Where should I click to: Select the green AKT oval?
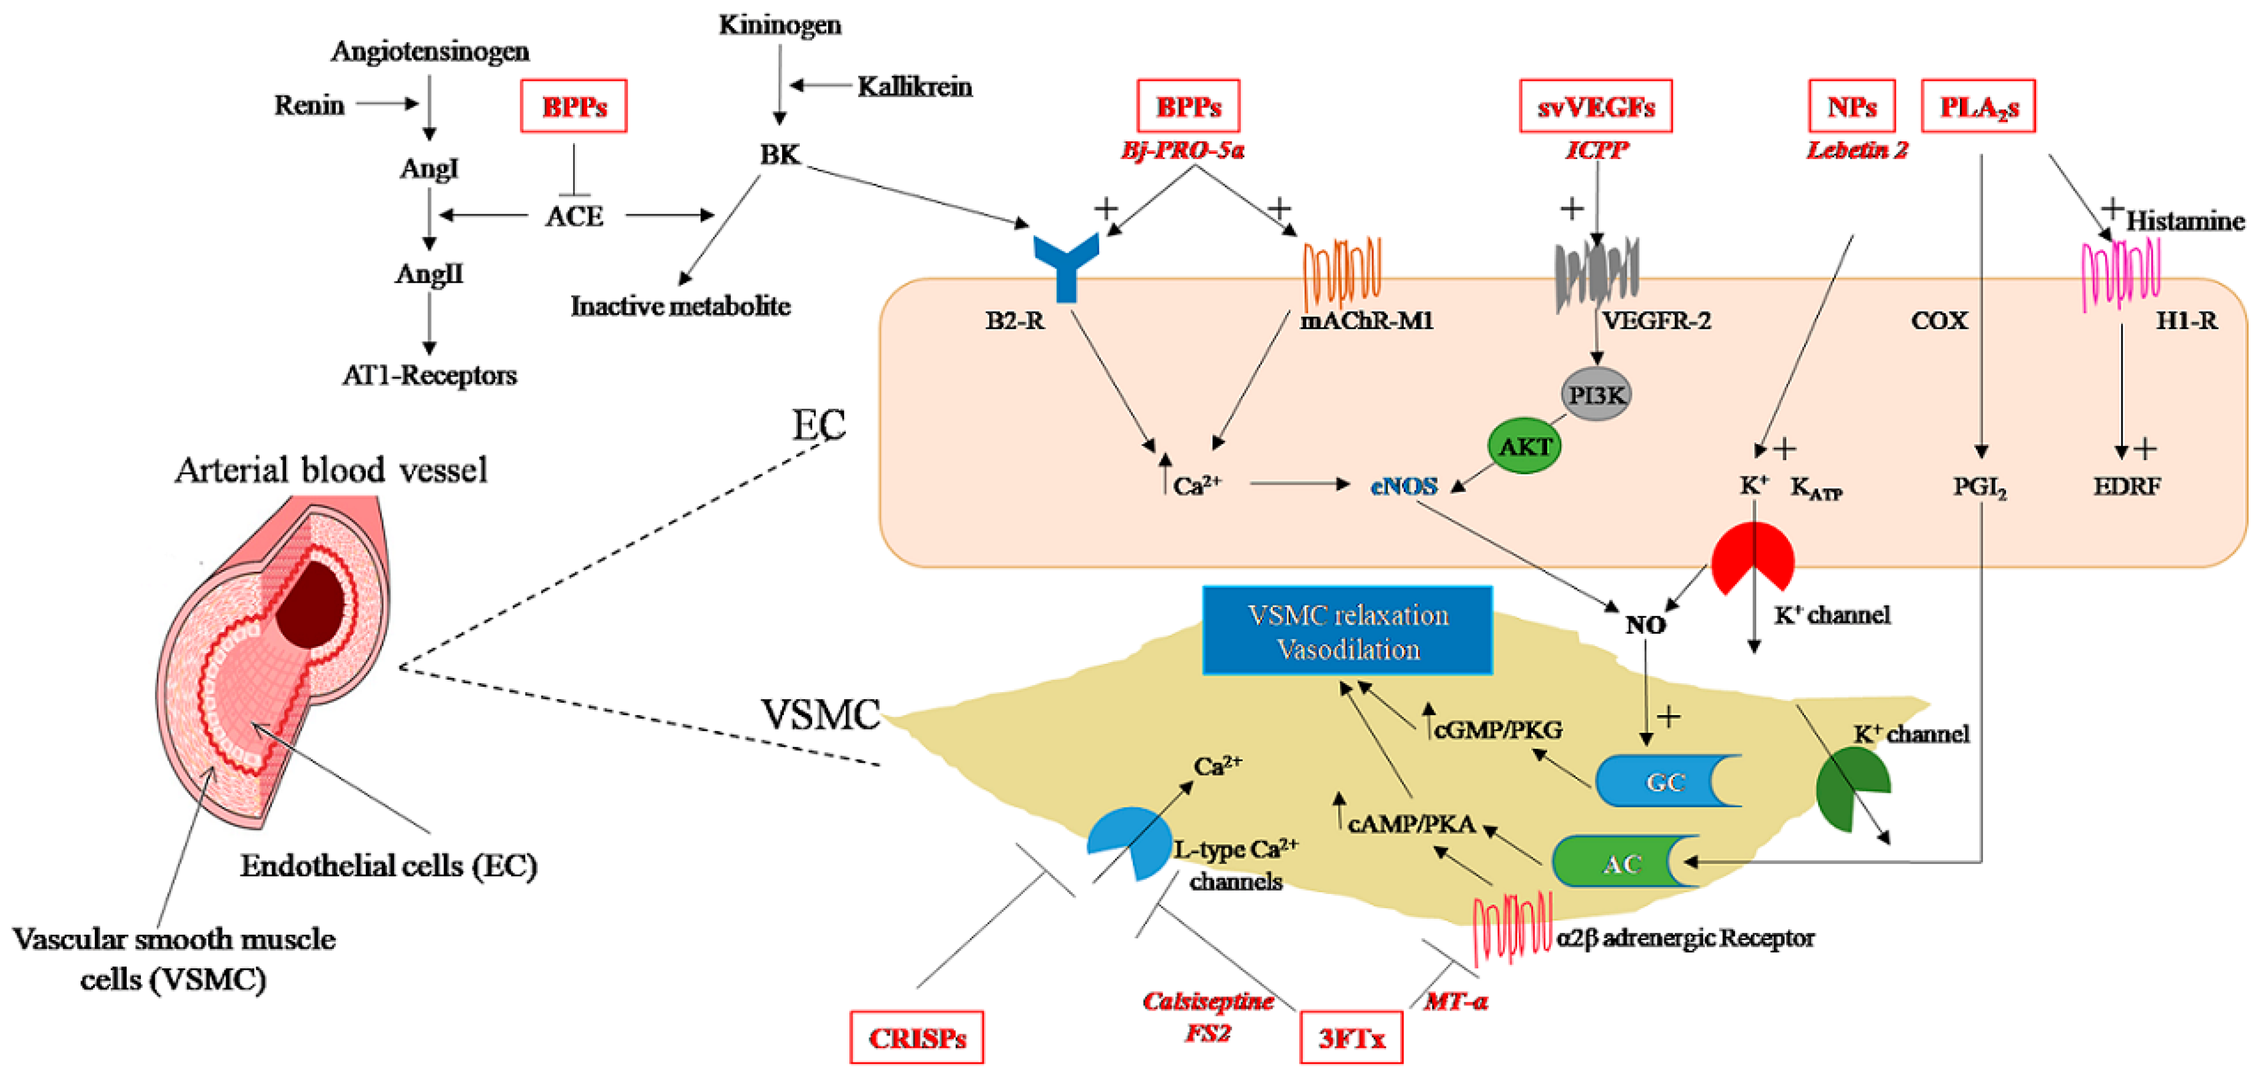click(1525, 446)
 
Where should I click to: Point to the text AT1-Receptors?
click(429, 375)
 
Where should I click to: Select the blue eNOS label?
click(1403, 485)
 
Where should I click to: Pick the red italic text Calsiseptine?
click(1208, 1001)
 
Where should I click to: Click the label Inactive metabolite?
click(680, 306)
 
